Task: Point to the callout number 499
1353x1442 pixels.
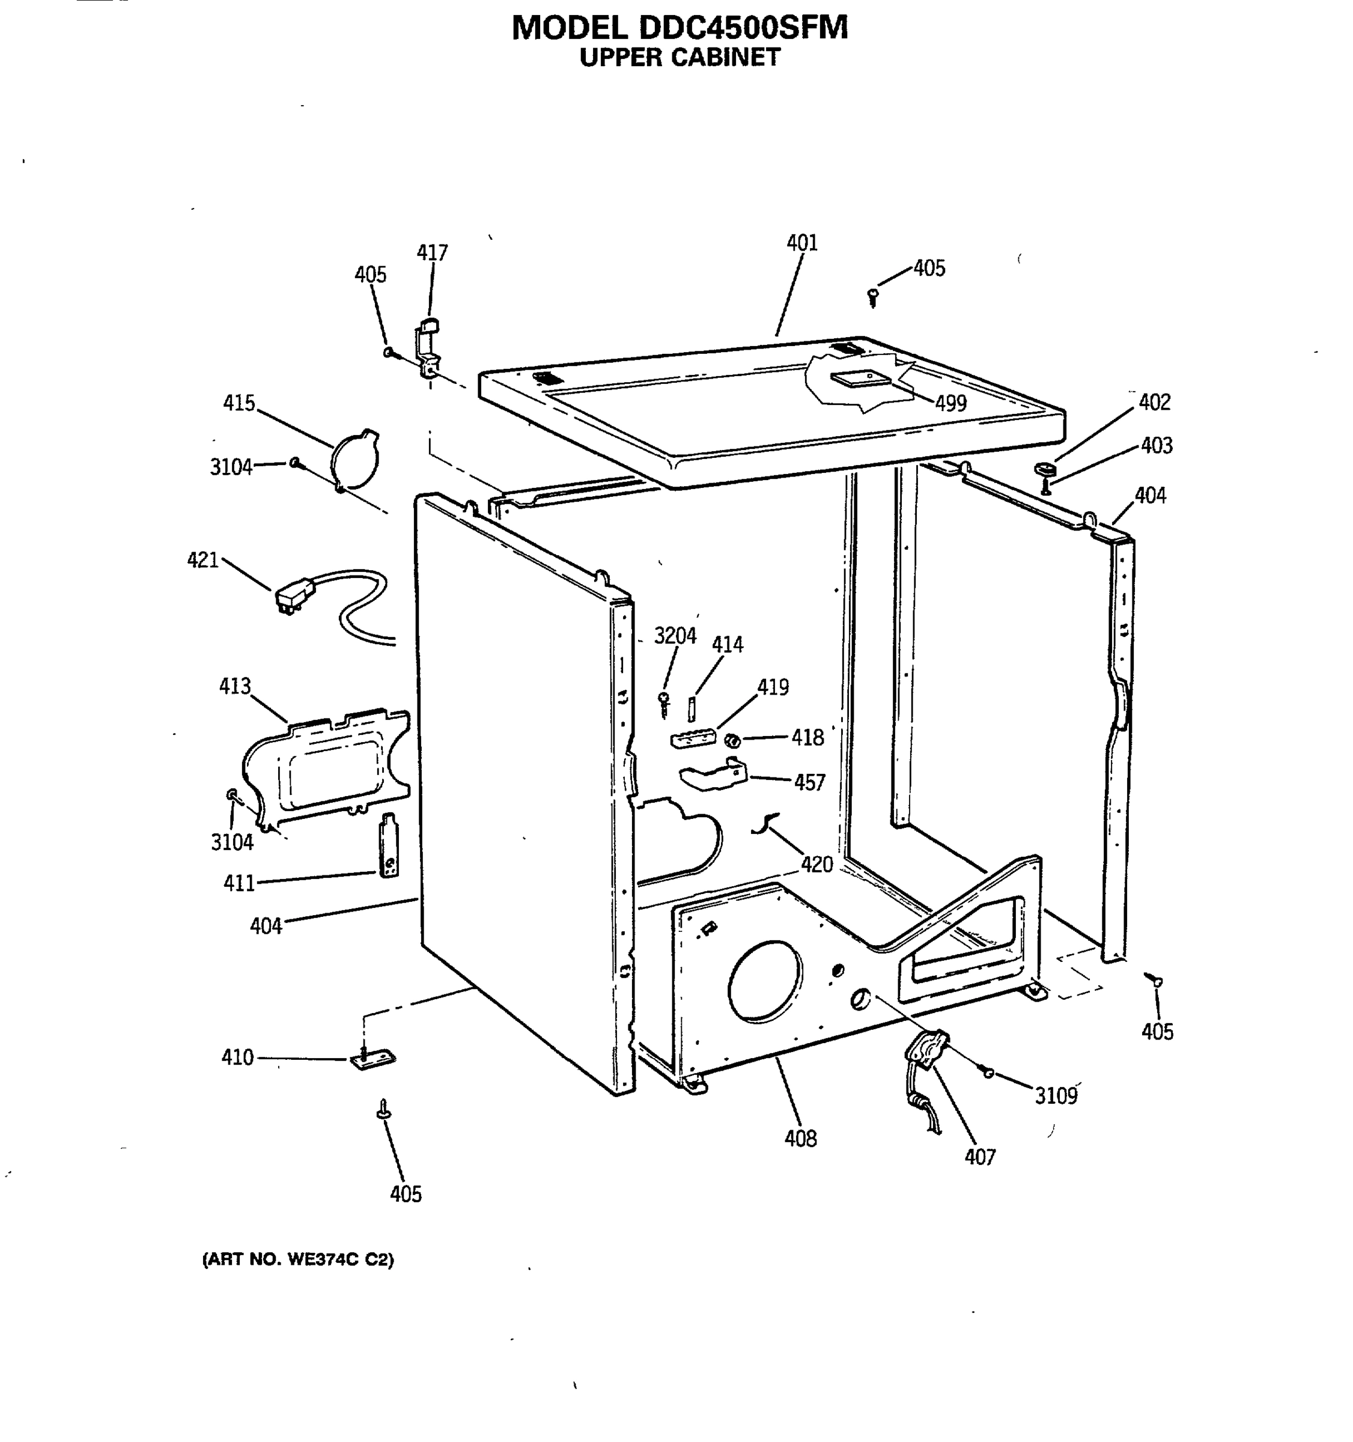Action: (950, 403)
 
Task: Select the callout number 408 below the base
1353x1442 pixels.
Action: (800, 1138)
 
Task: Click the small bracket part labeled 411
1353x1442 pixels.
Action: (389, 845)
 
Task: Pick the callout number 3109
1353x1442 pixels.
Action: (1056, 1095)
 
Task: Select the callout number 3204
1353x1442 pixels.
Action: (675, 636)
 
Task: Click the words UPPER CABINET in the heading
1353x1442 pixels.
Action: (680, 58)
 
